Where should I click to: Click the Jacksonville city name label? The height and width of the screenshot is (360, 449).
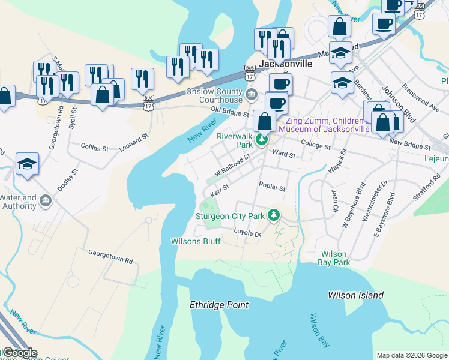tap(285, 62)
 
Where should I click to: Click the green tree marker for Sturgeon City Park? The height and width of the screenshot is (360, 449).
tap(274, 215)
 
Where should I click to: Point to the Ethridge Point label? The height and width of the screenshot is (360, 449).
tap(218, 305)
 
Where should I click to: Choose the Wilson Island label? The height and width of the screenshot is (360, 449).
tap(355, 295)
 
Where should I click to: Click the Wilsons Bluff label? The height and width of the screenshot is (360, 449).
tap(196, 241)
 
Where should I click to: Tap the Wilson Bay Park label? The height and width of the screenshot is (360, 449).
tap(335, 258)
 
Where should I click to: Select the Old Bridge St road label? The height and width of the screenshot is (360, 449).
tap(230, 112)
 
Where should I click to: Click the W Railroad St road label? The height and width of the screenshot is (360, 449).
tap(231, 164)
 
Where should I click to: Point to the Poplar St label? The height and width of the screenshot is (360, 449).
tap(272, 187)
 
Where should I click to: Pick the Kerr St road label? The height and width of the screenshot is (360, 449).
tap(220, 190)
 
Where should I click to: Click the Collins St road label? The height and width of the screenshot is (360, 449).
tap(94, 147)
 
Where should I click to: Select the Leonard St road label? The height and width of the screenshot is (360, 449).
tap(133, 142)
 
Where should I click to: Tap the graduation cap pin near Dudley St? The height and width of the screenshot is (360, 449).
tap(27, 164)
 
